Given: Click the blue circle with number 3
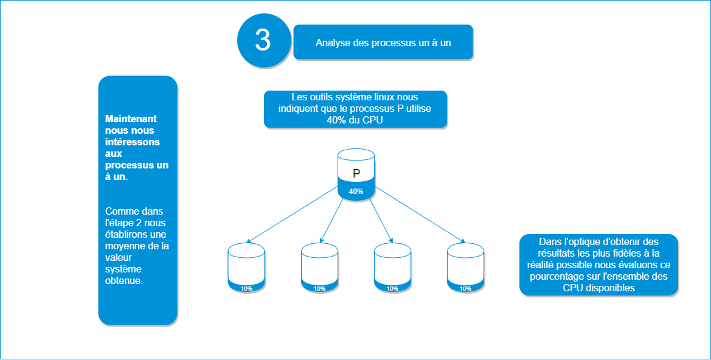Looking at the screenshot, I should pos(262,40).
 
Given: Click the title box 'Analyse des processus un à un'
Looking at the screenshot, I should pos(383,43).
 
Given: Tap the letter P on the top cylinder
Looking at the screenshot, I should pos(356,173).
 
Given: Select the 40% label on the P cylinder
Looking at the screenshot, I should pos(356,192).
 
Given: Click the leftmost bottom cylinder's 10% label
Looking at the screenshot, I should pos(246,288).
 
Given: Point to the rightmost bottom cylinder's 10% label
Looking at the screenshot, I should pos(465,288).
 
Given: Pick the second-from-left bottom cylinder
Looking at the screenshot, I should pos(319,265).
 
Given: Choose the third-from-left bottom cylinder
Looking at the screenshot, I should pos(392,265).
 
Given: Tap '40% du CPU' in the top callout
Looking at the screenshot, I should pos(355,120).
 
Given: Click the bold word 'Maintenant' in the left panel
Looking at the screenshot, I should pos(131,119).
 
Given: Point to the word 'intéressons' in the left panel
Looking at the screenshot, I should pos(133,142).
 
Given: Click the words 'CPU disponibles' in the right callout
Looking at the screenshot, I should pos(598,288).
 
